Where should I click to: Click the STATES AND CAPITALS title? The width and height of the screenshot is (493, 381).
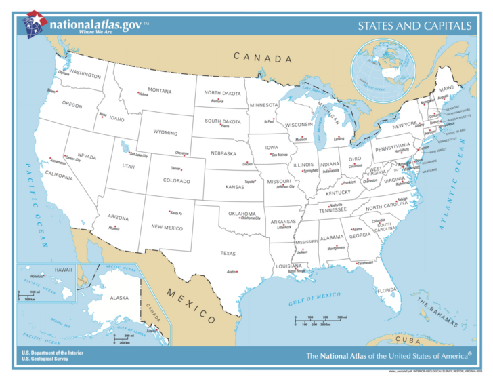coord(414,26)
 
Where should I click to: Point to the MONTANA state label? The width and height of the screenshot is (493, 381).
coord(159,90)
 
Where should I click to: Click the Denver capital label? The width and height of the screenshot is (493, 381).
coord(176,168)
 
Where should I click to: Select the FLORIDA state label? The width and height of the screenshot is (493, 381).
coord(387,290)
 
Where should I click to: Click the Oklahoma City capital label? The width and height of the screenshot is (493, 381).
coord(250,218)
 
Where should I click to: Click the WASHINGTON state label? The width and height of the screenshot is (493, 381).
coord(85,75)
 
